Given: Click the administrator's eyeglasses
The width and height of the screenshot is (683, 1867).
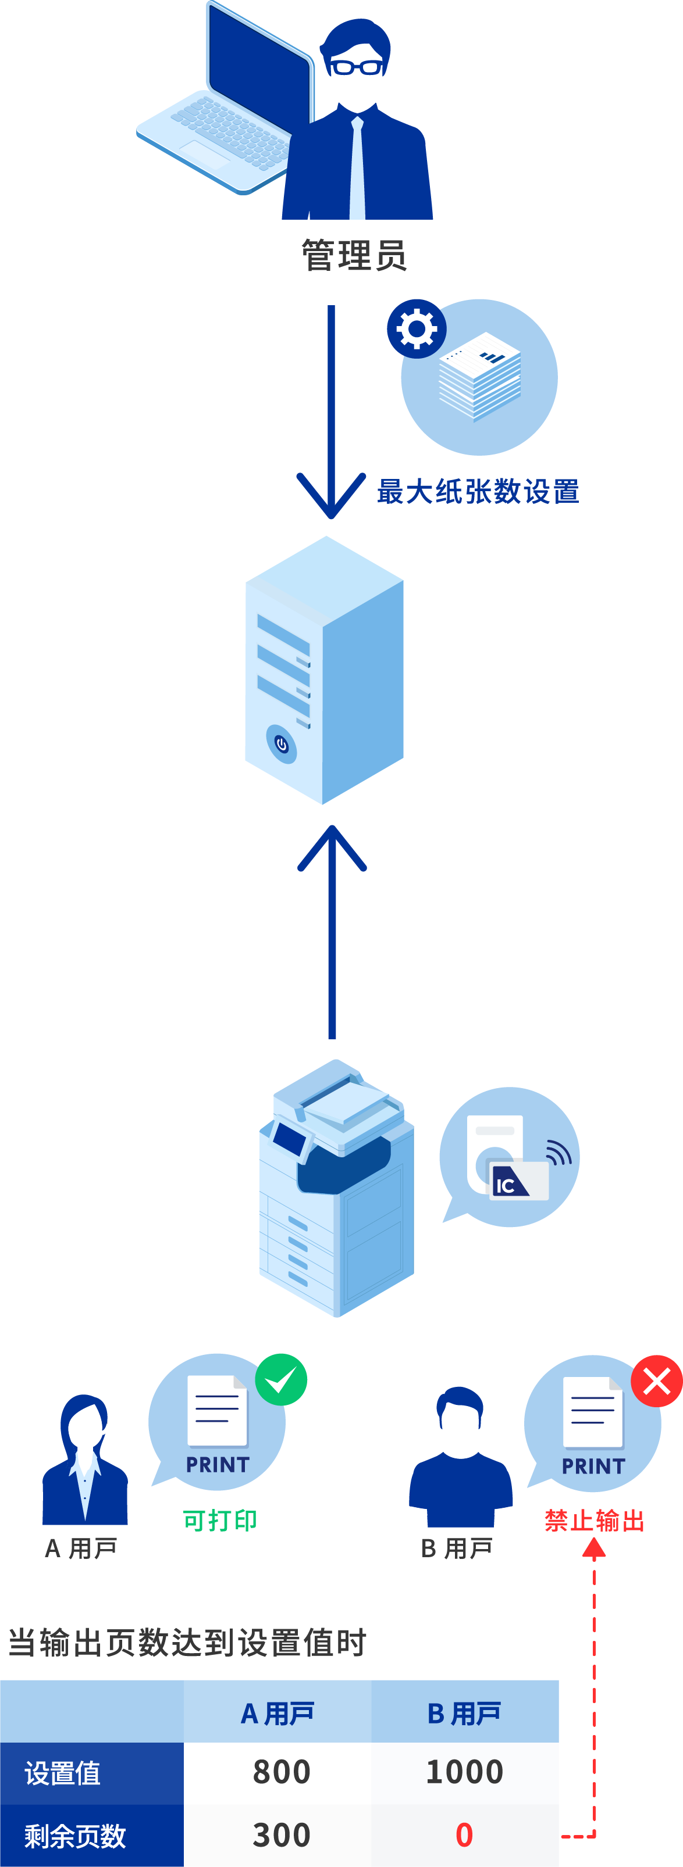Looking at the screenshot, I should coord(355,67).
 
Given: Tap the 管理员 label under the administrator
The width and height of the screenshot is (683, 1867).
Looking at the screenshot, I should coord(354,256).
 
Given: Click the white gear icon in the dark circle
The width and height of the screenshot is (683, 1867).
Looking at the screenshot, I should coord(416,328).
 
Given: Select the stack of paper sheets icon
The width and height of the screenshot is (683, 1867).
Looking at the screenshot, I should coord(479,376).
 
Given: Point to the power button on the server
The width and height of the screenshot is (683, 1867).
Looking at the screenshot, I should coord(282,743).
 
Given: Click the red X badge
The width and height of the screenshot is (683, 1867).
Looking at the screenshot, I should coord(657,1380).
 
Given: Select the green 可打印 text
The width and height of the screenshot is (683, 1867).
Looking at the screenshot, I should coord(220,1520).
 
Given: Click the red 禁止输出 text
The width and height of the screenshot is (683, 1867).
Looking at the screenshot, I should coord(594,1520).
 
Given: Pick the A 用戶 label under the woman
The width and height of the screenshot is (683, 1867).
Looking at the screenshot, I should coord(81,1548).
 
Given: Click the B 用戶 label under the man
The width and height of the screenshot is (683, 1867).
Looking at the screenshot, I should coord(457,1548).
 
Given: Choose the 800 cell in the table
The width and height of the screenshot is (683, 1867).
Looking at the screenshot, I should coord(282,1772).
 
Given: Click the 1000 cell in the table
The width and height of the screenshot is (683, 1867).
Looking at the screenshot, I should coord(464,1772).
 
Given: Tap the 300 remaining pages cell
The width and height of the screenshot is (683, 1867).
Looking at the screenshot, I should coord(282,1835).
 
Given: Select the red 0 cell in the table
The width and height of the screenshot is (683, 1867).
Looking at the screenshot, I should coord(464,1835).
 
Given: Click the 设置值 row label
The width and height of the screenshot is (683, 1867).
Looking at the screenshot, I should coord(63,1773).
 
